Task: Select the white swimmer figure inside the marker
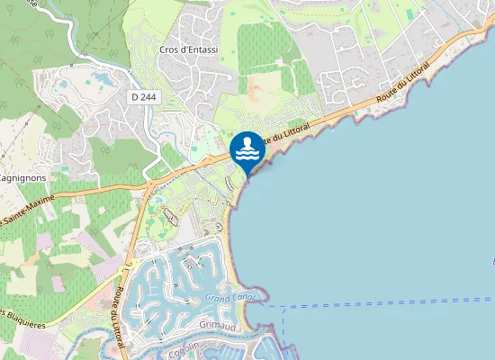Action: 247,148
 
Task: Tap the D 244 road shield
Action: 143,96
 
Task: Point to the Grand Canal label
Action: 229,297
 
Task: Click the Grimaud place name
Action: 217,322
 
